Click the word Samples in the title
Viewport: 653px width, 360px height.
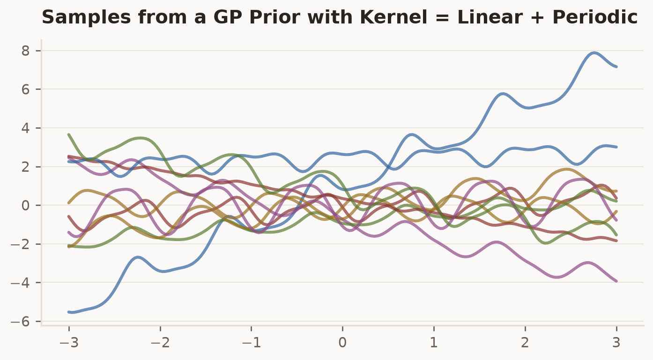[86, 17]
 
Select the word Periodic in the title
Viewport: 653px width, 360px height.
[595, 17]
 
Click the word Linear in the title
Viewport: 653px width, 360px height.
[490, 17]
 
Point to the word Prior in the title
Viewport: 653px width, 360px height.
[275, 17]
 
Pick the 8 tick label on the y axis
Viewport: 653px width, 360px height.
[25, 51]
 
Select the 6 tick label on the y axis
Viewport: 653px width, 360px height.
[25, 89]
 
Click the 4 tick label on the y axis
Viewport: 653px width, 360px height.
[25, 128]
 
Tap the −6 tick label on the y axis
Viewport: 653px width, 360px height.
[20, 322]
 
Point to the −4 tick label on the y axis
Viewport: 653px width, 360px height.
[20, 283]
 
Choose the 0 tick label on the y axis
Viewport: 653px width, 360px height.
[25, 206]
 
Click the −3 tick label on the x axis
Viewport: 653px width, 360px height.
[69, 343]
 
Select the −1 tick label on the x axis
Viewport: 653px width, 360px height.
[252, 343]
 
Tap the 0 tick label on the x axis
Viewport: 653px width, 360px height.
[342, 343]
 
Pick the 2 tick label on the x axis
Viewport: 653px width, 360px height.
[525, 343]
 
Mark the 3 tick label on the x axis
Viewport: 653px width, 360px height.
[616, 343]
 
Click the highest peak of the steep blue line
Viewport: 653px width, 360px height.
[594, 53]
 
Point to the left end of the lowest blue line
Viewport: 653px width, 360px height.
[69, 312]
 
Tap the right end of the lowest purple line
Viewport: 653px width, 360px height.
[616, 281]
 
